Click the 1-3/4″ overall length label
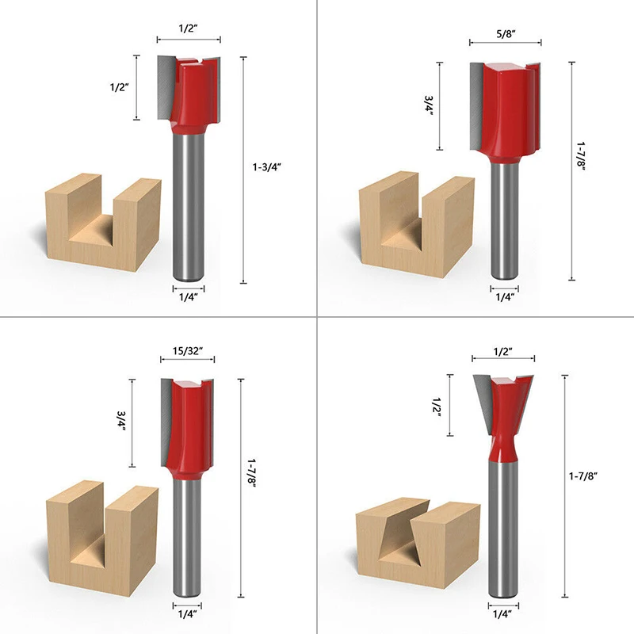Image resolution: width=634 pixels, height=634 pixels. coord(266,167)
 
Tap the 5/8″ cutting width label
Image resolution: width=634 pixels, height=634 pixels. coord(506,34)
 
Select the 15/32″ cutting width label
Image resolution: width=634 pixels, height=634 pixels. coord(188,351)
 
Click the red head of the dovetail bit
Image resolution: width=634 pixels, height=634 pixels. coord(504,417)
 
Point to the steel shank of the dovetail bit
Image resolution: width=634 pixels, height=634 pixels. coord(503,529)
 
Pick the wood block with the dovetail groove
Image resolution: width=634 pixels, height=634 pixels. coord(418,542)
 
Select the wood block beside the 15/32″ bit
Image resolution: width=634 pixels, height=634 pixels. coord(102,538)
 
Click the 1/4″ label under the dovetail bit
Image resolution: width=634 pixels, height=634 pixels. coord(502,615)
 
